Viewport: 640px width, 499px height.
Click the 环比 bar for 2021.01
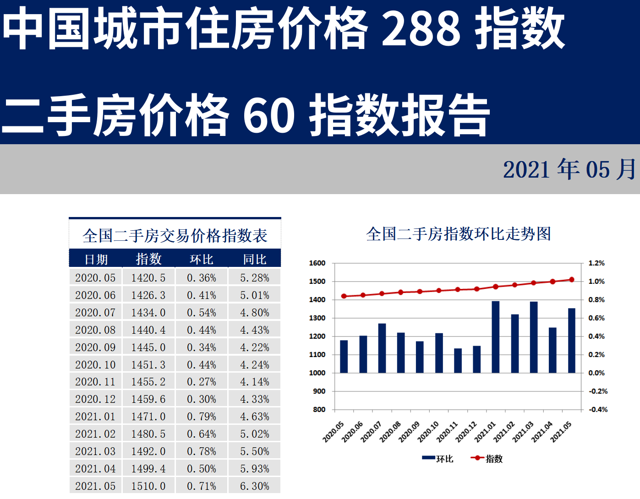tap(495, 337)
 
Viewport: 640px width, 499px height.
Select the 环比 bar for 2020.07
tap(382, 348)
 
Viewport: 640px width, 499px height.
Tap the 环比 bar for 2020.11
tap(458, 361)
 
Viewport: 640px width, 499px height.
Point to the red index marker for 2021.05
tap(571, 280)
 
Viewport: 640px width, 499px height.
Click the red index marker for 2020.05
tap(344, 296)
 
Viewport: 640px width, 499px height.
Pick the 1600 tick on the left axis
tap(317, 263)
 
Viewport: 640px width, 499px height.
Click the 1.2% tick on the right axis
tap(596, 263)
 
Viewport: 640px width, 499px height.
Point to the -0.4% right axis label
tap(598, 410)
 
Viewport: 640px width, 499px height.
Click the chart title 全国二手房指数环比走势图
tap(458, 234)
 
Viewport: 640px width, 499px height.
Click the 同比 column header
tap(255, 260)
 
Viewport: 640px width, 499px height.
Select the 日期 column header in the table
tap(96, 260)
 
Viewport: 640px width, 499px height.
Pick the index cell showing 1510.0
tap(148, 486)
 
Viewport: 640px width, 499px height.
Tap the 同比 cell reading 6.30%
tap(255, 486)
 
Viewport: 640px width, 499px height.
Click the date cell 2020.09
tap(95, 347)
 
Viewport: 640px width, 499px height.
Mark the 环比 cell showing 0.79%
tap(202, 417)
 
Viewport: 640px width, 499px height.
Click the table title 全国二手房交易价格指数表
tap(175, 236)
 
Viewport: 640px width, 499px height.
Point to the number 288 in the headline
tap(421, 28)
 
